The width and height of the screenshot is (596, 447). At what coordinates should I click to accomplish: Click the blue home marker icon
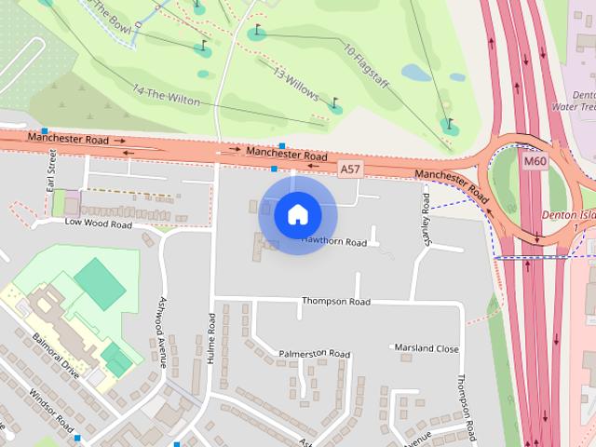pos(298,214)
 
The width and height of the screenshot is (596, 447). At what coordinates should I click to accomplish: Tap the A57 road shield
pos(349,169)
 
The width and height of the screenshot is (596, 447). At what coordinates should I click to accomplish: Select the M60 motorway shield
pos(534,161)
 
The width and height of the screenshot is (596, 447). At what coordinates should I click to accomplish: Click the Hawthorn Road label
pos(334,242)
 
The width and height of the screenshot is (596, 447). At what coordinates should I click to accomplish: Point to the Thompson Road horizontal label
pos(335,302)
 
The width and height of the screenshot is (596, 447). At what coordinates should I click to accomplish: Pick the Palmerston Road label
pos(314,354)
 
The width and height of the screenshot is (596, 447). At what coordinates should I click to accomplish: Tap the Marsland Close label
pos(427,348)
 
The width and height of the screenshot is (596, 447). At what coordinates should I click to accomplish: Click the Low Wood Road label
pos(99,223)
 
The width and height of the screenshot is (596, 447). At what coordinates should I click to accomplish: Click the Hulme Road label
pos(211,338)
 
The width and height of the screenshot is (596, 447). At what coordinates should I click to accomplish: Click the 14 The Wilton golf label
pos(167,96)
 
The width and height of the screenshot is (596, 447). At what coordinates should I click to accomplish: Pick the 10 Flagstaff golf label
pos(367,61)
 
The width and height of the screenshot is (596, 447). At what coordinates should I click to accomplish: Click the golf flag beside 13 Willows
pos(335,106)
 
